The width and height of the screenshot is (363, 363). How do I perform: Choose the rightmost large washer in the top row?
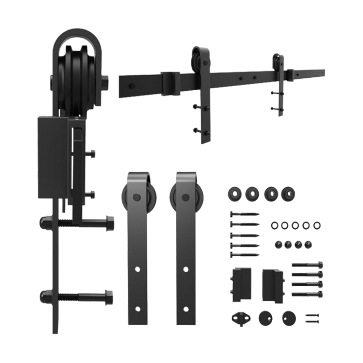[x=286, y=193]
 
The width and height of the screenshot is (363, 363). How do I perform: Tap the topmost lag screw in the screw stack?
[x=241, y=213]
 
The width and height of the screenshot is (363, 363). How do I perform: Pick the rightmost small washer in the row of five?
[x=317, y=225]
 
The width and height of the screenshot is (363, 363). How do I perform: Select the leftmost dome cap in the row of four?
[x=276, y=243]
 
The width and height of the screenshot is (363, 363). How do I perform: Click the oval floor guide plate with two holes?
[x=239, y=316]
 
